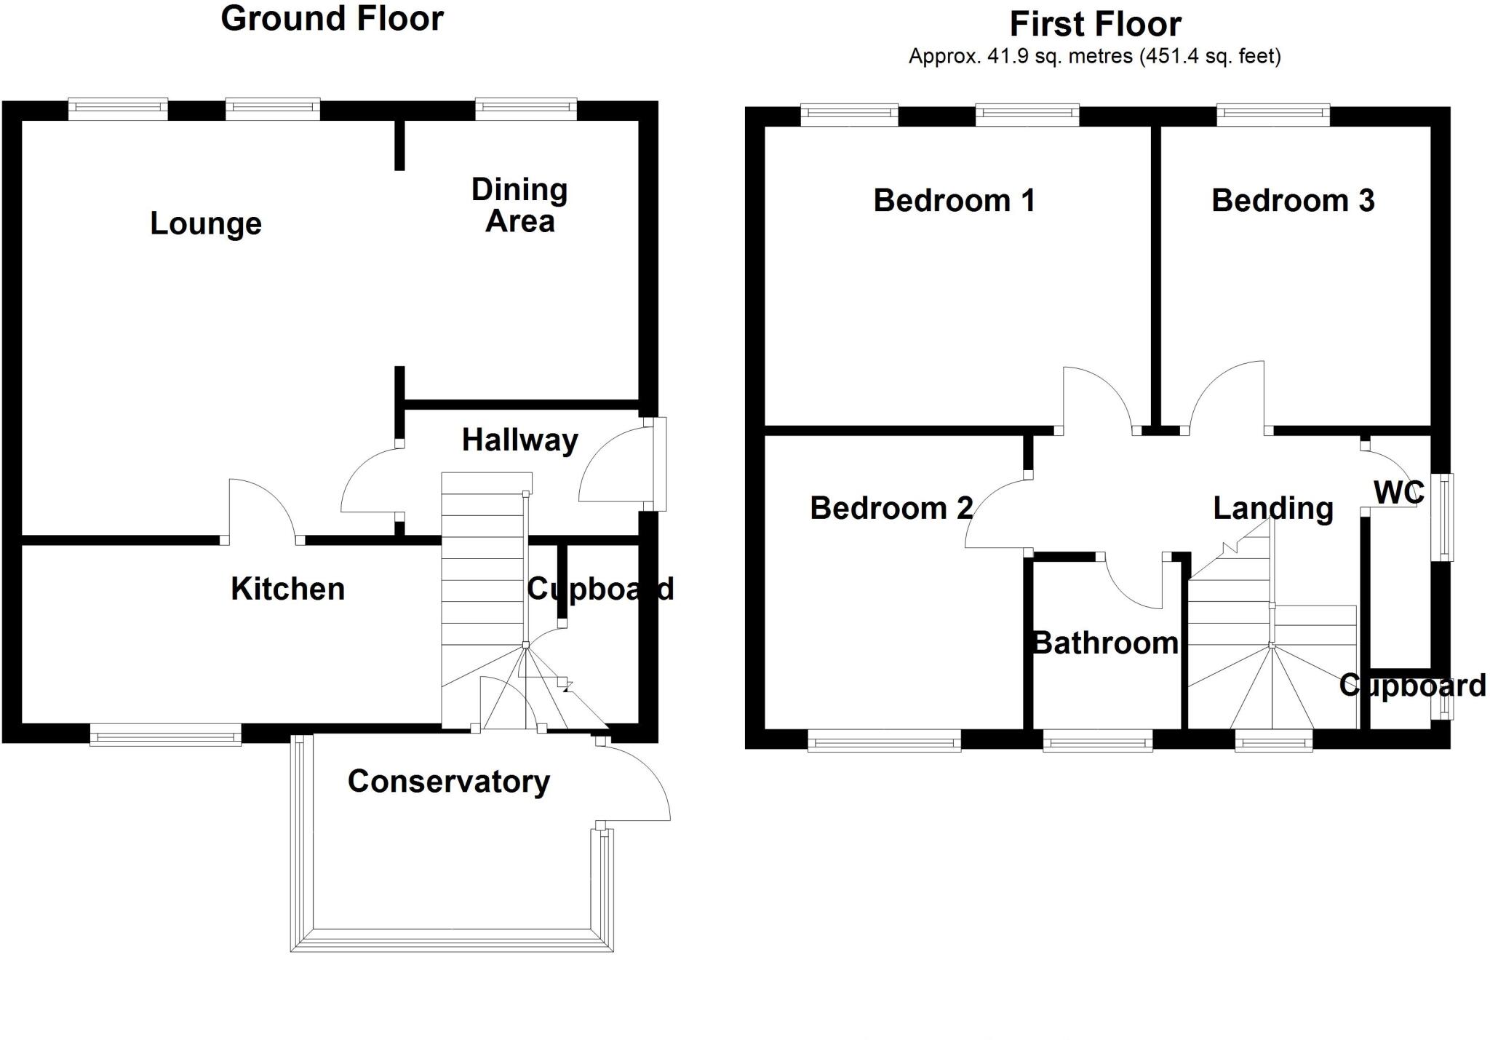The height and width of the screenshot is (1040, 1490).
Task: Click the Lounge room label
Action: tap(206, 224)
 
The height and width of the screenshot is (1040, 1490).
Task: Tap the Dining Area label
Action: tap(519, 205)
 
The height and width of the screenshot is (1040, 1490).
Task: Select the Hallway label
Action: tap(520, 440)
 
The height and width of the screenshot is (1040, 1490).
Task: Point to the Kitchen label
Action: tap(287, 589)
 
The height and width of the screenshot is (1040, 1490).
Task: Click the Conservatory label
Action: tap(448, 782)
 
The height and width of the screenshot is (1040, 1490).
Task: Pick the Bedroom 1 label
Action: tap(954, 201)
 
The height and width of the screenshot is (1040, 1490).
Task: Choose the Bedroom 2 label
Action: tap(891, 508)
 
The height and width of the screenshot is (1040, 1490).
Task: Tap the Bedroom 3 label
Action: tap(1293, 201)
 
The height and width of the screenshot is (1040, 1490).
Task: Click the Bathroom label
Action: tap(1106, 643)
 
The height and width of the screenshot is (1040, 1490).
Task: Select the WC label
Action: tap(1398, 493)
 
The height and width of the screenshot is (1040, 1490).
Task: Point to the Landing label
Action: tap(1272, 508)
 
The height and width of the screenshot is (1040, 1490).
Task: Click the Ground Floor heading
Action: tap(332, 19)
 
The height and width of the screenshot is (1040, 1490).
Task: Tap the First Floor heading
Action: tap(1095, 25)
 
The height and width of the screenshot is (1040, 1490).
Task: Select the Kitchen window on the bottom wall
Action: tap(165, 734)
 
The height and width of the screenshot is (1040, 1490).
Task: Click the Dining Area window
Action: tap(526, 109)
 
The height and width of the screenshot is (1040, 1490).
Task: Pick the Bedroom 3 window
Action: tap(1273, 115)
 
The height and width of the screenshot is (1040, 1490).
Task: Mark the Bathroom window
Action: tap(1097, 740)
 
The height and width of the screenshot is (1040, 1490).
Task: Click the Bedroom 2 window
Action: tap(884, 740)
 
